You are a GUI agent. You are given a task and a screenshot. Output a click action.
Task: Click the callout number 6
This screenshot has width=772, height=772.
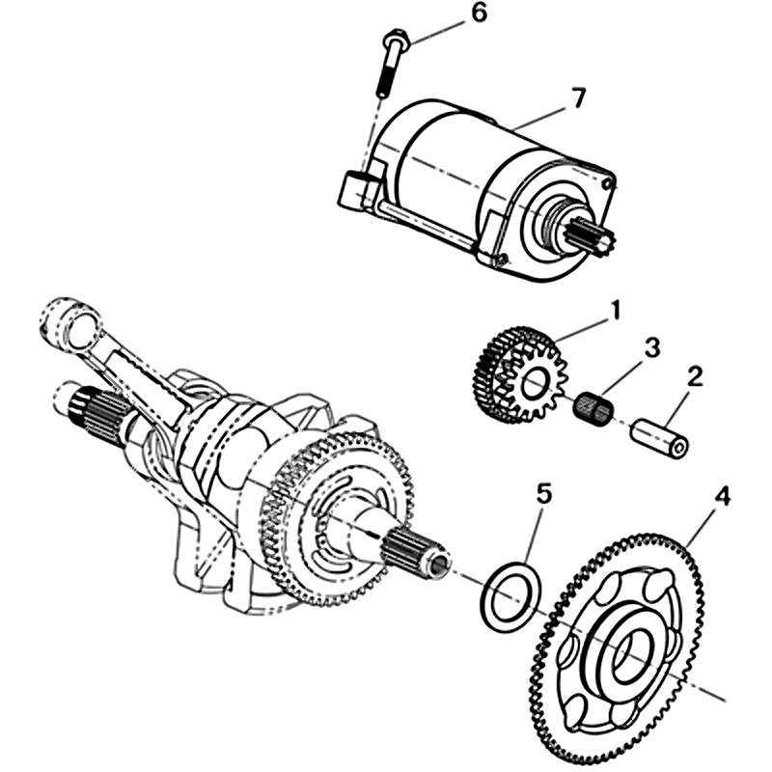[x=478, y=13]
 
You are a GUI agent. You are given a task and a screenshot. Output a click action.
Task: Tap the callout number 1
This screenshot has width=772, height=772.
[x=615, y=313]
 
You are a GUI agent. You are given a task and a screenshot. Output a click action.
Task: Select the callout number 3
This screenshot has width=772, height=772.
[x=652, y=349]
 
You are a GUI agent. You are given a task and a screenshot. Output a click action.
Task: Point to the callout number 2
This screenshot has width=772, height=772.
[x=695, y=377]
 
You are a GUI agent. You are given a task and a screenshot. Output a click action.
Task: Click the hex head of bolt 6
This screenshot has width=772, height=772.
[x=395, y=41]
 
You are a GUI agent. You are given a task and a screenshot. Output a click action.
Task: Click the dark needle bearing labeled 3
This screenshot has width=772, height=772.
[x=594, y=406]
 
